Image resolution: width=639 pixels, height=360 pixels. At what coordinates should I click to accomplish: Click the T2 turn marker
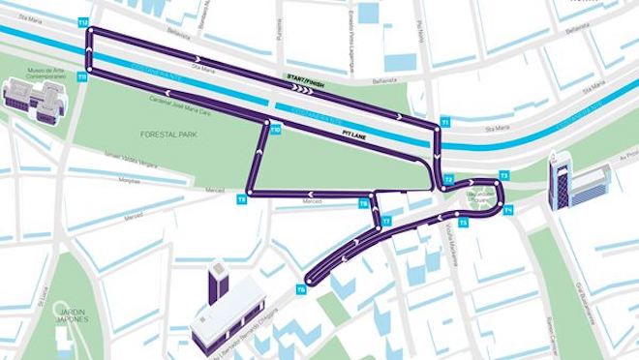click(x=448, y=180)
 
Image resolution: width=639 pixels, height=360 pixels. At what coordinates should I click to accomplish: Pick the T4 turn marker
click(x=508, y=208)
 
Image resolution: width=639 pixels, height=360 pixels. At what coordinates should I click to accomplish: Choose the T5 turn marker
click(x=463, y=224)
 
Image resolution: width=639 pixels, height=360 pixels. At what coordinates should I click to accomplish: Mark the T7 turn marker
click(x=385, y=222)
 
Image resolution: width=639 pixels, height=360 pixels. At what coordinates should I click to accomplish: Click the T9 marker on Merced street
click(x=241, y=198)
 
